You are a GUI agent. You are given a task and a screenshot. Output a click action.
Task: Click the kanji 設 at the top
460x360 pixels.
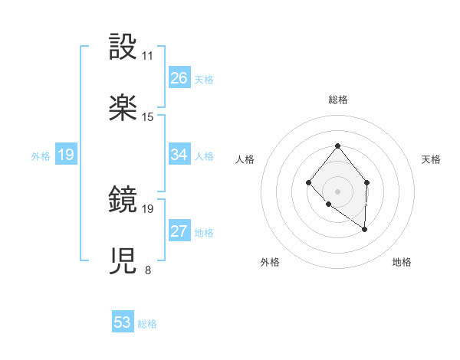coord(123,47)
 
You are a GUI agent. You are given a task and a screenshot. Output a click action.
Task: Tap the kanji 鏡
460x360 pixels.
coord(123,200)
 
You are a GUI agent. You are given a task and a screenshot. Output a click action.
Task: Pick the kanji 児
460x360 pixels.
coord(123,261)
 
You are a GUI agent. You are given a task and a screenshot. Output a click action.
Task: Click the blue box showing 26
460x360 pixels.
coord(179,78)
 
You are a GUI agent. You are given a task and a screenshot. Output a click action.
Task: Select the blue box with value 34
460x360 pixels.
coord(179,155)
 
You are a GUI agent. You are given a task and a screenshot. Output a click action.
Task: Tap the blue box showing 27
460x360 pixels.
coord(179,231)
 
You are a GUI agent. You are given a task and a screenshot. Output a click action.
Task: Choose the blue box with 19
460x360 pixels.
coord(66,155)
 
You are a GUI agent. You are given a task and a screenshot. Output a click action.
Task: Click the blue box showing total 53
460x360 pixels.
coord(123,322)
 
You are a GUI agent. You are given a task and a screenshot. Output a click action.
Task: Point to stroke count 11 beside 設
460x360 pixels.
coord(147,56)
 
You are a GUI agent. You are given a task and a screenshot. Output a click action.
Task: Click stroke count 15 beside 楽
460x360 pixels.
coord(148,116)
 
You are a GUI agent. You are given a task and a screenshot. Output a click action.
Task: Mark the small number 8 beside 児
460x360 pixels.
coord(147,270)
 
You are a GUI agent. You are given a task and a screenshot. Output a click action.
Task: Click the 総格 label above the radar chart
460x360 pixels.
coord(337,100)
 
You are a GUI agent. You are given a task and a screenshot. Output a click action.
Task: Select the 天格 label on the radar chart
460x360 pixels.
coord(432,159)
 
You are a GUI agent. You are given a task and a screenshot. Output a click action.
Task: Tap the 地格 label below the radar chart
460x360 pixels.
coord(402,262)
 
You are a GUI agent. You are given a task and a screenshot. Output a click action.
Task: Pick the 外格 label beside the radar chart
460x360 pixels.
coord(270,262)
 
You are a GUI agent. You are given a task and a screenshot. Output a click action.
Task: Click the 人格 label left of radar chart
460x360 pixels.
coord(245,159)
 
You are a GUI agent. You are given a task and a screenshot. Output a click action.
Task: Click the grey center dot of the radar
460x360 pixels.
coord(337,191)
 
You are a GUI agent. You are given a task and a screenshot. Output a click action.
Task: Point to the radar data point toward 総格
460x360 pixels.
coord(337,146)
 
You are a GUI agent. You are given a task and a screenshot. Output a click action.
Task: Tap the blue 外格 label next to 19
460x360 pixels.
coord(41,155)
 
